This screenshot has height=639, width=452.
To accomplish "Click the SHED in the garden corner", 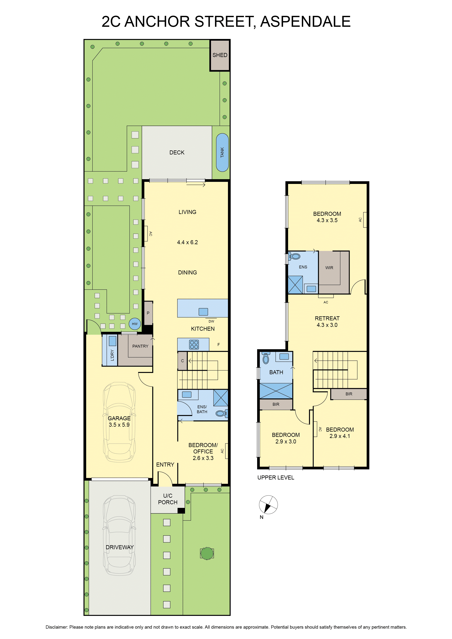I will click(220, 55).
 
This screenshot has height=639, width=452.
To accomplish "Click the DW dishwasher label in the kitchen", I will click(211, 321).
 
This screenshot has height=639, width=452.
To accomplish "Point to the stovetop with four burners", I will click(194, 345).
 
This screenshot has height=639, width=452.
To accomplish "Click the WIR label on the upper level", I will click(329, 268).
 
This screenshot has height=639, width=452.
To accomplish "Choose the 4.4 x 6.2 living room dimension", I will click(187, 242).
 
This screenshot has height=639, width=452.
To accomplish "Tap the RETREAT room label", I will click(327, 318).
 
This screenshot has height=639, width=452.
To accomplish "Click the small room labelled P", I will click(148, 313).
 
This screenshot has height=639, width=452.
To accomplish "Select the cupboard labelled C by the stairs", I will click(182, 361).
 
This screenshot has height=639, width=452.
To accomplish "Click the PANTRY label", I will click(140, 346).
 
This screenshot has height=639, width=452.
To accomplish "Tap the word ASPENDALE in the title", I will click(305, 22).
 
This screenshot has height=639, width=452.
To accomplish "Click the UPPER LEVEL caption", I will click(276, 478).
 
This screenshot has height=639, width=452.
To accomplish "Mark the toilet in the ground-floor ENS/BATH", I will click(221, 413).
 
